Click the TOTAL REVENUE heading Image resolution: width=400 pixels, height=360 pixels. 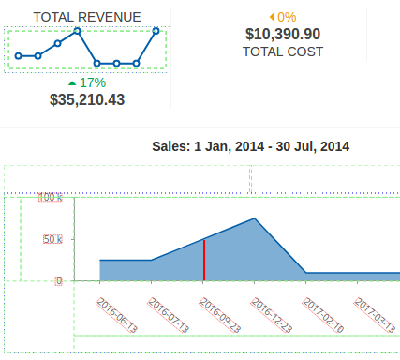tap(87, 17)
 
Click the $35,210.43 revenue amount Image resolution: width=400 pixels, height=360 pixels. tap(87, 99)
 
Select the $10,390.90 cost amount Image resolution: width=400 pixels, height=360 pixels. tap(283, 34)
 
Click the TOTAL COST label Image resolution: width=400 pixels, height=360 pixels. tap(283, 52)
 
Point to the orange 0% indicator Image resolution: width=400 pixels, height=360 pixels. tap(283, 17)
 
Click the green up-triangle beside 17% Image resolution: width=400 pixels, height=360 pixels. tap(72, 83)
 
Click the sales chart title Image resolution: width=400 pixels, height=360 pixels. tap(250, 146)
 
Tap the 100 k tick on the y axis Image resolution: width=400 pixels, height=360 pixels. tap(51, 197)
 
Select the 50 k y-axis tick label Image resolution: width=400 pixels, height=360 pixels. tap(52, 239)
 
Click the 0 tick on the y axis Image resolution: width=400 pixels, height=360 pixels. tap(59, 280)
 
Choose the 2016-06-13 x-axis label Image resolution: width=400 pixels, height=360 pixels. tap(117, 315)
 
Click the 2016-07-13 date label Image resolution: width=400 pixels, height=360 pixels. tap(169, 315)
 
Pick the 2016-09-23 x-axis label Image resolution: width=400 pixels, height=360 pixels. tap(220, 315)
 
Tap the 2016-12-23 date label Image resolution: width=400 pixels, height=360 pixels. tap(272, 315)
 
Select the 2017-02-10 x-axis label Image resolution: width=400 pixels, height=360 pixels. tap(323, 315)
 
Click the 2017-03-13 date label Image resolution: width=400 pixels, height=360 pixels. tap(375, 315)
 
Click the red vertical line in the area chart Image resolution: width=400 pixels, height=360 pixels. tap(204, 260)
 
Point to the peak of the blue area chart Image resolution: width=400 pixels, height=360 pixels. tap(255, 218)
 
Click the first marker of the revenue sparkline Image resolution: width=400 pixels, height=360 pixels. tap(19, 56)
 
